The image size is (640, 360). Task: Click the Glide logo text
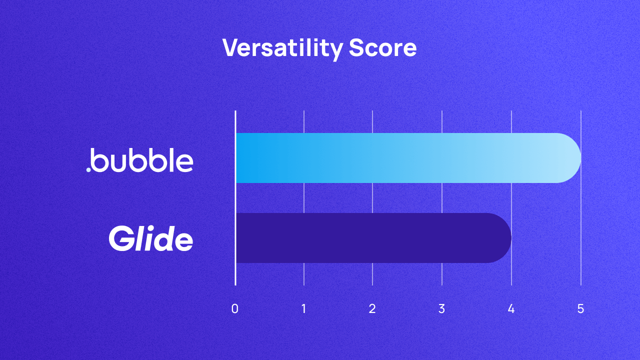point(151,238)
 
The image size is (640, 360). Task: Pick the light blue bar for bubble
point(400,158)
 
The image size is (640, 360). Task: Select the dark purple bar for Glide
point(370,238)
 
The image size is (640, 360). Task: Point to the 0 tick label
point(235,308)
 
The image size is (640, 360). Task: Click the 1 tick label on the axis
point(304,308)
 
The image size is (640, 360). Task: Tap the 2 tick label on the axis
point(372,308)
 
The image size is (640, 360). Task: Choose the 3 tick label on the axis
point(441,308)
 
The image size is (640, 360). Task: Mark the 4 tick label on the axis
point(511,308)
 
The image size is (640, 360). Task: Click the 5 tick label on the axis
point(580,308)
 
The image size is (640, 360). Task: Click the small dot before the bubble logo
point(89,169)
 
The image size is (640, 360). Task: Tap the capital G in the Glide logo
point(120,238)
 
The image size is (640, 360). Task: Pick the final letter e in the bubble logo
point(184,163)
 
